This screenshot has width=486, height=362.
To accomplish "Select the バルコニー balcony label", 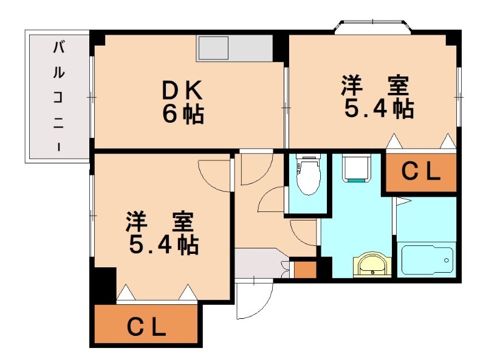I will (x=59, y=95).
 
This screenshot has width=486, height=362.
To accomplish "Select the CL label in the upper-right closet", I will (x=421, y=173).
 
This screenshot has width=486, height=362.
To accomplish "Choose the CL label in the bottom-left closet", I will (x=146, y=328).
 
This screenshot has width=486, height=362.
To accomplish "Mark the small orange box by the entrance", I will (x=304, y=268).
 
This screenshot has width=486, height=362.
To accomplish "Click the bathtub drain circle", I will (x=448, y=261).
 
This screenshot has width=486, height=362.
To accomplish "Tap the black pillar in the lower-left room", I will (x=104, y=282).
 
